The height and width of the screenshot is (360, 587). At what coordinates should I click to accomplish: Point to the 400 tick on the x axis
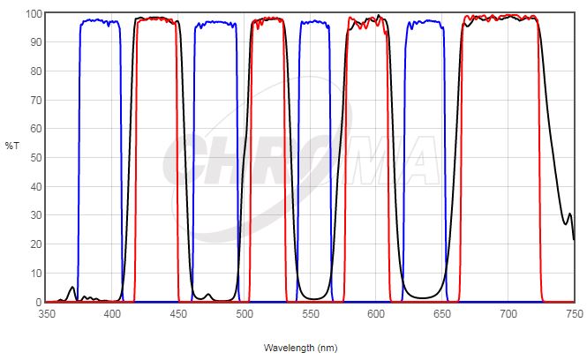tap(112, 313)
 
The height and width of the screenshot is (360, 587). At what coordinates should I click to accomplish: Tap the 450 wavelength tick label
tap(178, 313)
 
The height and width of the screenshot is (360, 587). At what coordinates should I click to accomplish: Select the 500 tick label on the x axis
tap(245, 313)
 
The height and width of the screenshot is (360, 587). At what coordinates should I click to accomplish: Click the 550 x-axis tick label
tap(311, 313)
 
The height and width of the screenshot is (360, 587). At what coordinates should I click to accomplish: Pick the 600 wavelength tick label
tap(377, 313)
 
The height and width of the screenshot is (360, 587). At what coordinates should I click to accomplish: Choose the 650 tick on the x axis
tap(442, 313)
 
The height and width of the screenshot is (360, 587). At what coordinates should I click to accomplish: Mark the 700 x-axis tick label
tap(508, 313)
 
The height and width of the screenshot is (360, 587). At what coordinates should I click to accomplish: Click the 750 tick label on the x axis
tap(574, 313)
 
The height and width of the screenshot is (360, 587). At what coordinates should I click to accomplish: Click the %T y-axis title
tap(11, 144)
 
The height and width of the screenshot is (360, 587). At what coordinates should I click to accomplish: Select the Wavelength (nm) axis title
tap(301, 349)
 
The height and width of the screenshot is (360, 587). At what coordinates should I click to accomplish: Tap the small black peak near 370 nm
tap(72, 287)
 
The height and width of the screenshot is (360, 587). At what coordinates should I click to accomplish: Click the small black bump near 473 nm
tap(208, 295)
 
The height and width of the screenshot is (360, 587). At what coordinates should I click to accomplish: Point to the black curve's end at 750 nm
tap(574, 238)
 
